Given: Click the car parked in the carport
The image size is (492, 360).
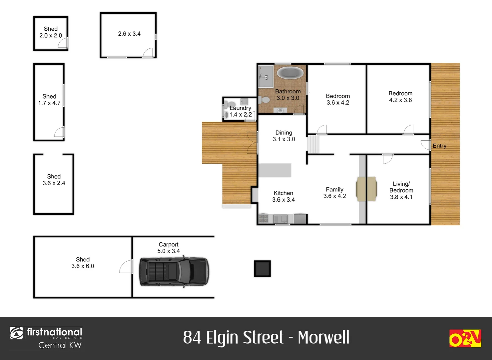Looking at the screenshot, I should (174, 271).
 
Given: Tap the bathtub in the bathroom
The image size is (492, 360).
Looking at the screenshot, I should (290, 72).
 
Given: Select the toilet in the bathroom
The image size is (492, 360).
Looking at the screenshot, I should (265, 100).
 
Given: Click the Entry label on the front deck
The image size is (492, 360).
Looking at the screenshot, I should (439, 146).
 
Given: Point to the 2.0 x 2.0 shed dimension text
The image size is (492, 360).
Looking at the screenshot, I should (51, 36).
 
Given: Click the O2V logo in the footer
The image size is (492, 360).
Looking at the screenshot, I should (465, 338).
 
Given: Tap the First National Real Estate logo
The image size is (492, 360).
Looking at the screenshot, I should (46, 338).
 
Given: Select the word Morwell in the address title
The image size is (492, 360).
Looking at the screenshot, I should (323, 337).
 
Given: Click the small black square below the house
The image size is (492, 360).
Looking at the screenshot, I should (262, 269).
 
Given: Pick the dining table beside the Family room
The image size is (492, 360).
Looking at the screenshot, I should (366, 189).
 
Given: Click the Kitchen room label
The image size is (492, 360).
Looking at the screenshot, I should (283, 193).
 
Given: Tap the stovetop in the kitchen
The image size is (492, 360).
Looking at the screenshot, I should (263, 219).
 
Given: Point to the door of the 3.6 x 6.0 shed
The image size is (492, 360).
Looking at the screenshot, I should (126, 267).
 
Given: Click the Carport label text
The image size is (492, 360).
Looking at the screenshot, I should (169, 244).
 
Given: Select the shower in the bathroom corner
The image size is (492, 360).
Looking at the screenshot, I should (265, 76).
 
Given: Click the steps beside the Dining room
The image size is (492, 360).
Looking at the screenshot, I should (313, 144).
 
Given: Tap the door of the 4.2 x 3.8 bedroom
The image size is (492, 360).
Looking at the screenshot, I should (408, 130).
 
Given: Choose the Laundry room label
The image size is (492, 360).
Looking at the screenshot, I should (240, 108).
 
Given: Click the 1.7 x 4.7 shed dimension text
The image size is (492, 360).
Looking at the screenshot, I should (49, 103).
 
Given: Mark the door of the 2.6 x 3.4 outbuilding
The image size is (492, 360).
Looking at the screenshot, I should (148, 53).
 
